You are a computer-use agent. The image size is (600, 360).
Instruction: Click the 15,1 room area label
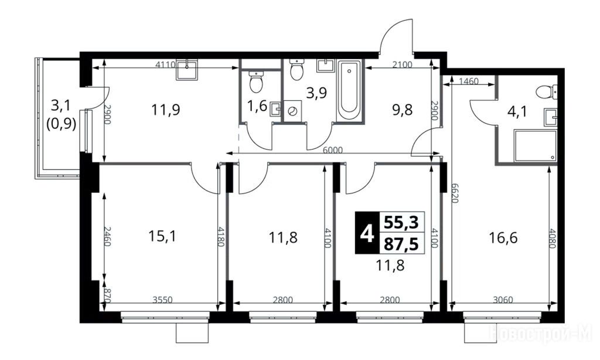[x=162, y=237]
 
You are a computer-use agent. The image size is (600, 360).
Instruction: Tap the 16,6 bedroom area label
[x=503, y=238]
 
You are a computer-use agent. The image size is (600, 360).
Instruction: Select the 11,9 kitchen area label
[x=166, y=110]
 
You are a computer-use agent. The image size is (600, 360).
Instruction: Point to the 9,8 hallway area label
[x=403, y=110]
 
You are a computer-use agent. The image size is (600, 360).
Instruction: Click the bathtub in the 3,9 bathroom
[x=348, y=90]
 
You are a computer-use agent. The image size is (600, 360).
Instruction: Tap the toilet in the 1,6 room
[x=255, y=81]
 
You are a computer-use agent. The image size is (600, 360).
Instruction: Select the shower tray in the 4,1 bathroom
[x=536, y=145]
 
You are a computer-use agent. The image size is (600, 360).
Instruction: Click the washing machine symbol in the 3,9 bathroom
[x=293, y=111]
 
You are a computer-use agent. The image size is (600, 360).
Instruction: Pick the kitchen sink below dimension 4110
[x=187, y=70]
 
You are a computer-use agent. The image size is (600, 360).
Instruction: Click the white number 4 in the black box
[x=367, y=233]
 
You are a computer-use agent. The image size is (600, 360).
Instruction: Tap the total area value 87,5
[x=401, y=243]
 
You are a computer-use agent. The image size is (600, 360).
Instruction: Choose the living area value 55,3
[x=401, y=222]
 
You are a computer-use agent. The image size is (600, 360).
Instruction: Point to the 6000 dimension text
[x=333, y=150]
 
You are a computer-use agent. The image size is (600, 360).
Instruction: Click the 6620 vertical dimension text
[x=455, y=192]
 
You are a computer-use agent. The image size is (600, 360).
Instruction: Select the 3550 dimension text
[x=163, y=300]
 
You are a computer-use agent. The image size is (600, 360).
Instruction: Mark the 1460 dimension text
[x=469, y=81]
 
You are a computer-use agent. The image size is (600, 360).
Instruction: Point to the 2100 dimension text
[x=403, y=64]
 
